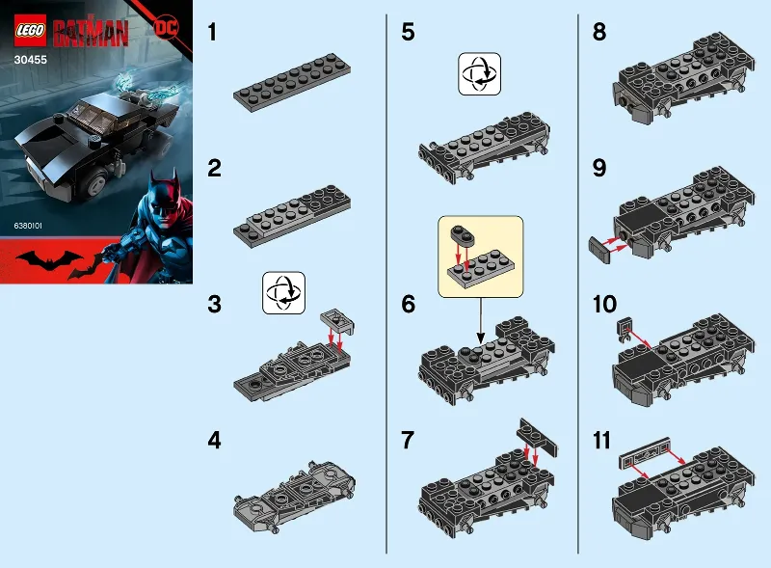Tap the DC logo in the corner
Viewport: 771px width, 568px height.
pos(165,26)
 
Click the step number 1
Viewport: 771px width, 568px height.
pos(214,33)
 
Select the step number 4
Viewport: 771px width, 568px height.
pos(215,441)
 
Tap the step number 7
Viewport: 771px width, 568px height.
pos(409,441)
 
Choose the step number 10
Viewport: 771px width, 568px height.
pos(605,305)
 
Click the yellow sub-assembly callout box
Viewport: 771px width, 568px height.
pos(479,256)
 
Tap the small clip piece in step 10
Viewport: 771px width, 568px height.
pos(625,327)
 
